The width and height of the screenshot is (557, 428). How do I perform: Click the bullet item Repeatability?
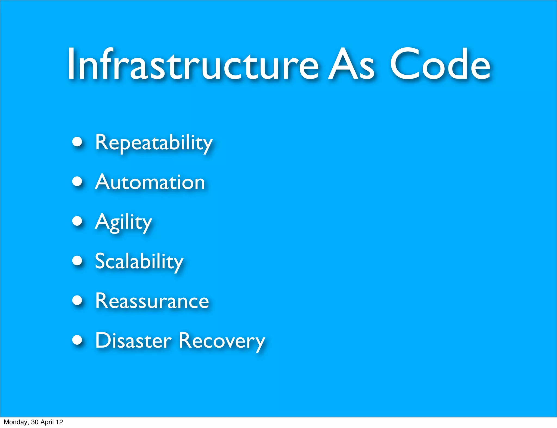coord(153,143)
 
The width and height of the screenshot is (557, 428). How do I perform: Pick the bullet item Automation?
coord(150,182)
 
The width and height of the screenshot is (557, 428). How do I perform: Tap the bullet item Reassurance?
coord(152,301)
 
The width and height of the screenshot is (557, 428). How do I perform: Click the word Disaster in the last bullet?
coord(133,341)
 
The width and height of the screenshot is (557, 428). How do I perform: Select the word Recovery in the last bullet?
coord(222,341)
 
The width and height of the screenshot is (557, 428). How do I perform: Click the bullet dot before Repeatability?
coord(78,142)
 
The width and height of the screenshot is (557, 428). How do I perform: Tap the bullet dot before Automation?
coord(78,181)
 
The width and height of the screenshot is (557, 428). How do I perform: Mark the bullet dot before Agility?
coord(78,221)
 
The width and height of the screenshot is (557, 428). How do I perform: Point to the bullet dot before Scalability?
coord(78,260)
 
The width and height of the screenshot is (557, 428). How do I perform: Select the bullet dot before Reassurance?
coord(78,300)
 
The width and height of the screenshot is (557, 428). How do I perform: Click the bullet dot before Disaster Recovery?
coord(78,340)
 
